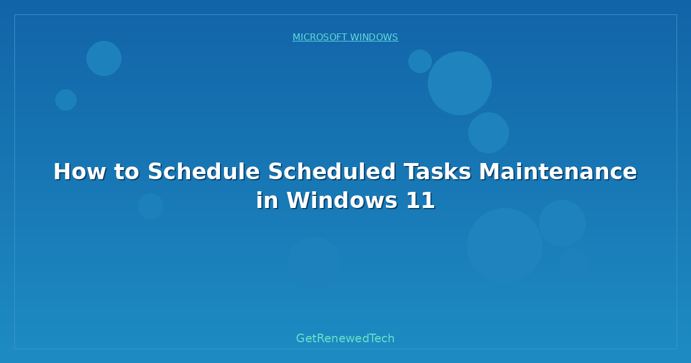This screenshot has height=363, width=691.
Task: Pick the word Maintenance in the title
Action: pos(558,172)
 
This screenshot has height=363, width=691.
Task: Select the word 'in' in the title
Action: pos(265,201)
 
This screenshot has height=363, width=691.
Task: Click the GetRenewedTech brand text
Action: pos(345,338)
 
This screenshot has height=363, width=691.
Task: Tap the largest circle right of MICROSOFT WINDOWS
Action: pos(460,83)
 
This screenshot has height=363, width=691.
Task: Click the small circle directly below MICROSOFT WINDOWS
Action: pos(420,61)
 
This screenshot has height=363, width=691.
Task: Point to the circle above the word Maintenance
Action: pos(488,133)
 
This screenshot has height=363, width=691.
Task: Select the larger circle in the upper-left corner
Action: pos(104,58)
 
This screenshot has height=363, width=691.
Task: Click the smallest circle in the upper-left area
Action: pos(66,100)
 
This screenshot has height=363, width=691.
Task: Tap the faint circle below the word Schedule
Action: pos(150,206)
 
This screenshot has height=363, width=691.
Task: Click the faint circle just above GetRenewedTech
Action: pos(313,262)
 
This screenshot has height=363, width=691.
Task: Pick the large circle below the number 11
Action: pos(504,245)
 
